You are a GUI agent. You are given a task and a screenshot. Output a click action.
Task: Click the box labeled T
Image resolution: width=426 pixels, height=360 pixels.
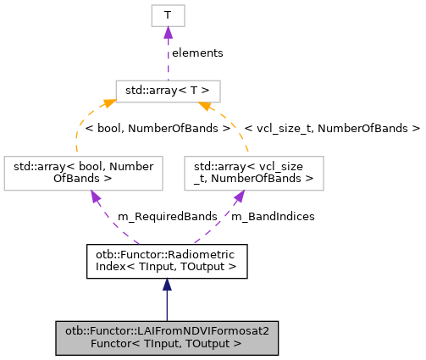[x=168, y=15]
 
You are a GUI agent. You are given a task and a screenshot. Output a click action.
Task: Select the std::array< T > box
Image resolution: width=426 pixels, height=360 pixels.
[x=168, y=91]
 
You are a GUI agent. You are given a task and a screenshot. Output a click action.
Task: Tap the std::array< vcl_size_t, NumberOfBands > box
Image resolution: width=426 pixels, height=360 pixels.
[x=254, y=173]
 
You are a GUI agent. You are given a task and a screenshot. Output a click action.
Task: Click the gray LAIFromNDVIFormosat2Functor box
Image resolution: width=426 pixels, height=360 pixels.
[x=167, y=337]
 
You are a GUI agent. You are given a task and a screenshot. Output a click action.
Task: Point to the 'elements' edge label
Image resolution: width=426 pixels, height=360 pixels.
[x=197, y=53]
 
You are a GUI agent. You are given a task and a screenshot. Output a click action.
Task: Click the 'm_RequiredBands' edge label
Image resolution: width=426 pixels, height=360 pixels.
[x=157, y=217]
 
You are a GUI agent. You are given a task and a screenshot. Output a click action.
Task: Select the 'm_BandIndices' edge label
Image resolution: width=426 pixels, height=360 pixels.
[x=273, y=217]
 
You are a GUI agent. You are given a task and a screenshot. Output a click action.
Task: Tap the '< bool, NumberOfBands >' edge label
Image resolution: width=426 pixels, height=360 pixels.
[x=158, y=130]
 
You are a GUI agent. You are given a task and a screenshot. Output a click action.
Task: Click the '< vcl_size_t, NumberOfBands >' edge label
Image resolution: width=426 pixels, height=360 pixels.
[x=332, y=130]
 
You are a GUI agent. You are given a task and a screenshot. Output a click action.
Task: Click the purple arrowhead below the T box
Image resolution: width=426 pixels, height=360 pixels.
[x=168, y=32]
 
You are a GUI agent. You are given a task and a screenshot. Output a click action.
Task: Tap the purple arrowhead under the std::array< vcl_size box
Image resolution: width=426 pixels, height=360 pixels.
[x=241, y=197]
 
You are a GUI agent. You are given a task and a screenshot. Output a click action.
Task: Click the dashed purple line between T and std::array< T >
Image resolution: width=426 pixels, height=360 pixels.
[x=168, y=64]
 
